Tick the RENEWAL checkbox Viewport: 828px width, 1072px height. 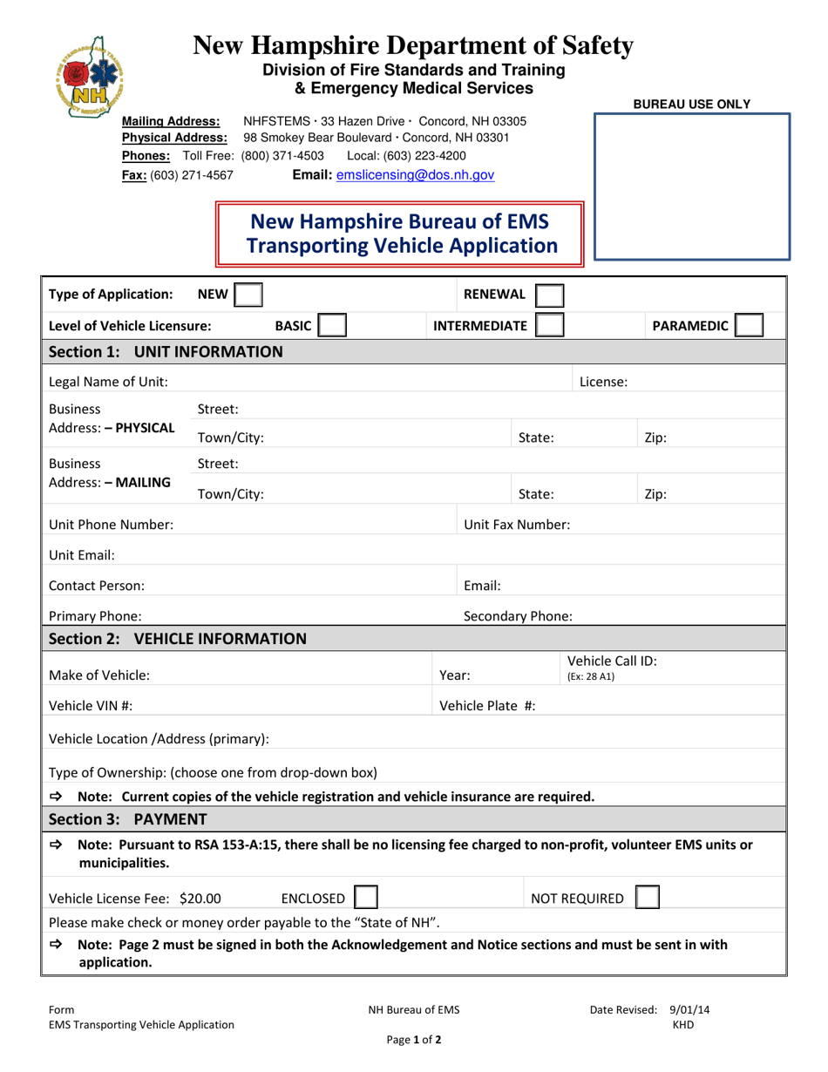coord(548,295)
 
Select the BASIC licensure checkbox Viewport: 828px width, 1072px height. coord(332,326)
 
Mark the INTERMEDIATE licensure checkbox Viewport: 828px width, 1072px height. coord(548,326)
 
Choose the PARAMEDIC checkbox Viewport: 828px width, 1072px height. coord(750,326)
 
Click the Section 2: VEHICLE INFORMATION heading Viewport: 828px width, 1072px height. coord(177,639)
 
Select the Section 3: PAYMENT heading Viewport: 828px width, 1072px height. coord(128,818)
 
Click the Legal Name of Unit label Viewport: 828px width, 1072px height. coord(109,382)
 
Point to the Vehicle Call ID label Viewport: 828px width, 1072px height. coord(612,662)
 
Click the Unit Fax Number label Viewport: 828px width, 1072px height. coord(517,525)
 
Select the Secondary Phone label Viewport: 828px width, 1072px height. coord(518,616)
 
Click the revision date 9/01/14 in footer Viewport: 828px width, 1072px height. coord(689,1010)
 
